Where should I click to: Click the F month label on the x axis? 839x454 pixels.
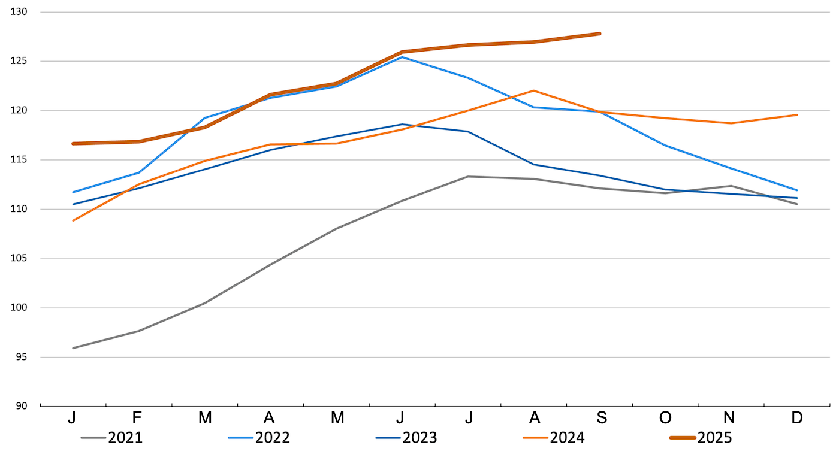pos(138,418)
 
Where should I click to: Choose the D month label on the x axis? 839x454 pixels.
pos(796,418)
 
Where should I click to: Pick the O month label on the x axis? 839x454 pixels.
pos(665,418)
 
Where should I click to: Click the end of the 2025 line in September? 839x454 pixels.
pos(599,34)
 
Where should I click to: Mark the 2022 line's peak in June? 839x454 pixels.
pos(402,57)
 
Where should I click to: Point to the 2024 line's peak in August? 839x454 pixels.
pos(533,90)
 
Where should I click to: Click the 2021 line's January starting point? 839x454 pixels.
pos(73,348)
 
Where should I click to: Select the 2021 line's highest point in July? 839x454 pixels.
pos(467,177)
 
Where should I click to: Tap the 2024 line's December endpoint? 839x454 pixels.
pos(796,114)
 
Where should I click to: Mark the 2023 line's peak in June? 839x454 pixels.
pos(402,125)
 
